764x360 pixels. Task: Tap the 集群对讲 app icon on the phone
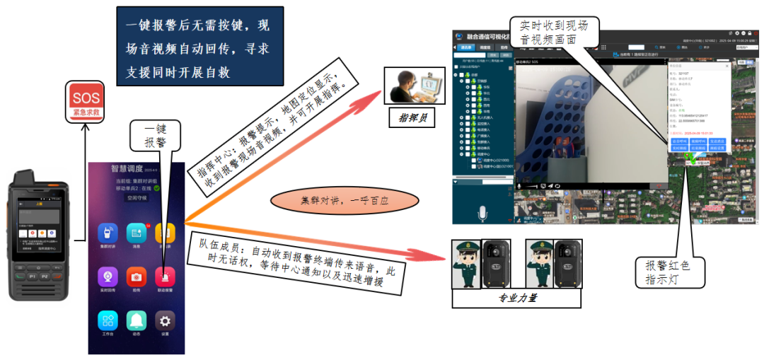coord(108,234)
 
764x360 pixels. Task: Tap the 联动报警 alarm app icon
coord(165,277)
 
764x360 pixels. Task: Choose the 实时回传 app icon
coord(108,277)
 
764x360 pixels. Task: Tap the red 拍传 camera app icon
coord(137,277)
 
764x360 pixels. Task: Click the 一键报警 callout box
coord(155,135)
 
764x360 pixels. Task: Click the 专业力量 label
coord(516,298)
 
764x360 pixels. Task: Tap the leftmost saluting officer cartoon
coord(467,265)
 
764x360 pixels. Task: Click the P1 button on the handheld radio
coord(33,276)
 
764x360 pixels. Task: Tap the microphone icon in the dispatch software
coord(484,213)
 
